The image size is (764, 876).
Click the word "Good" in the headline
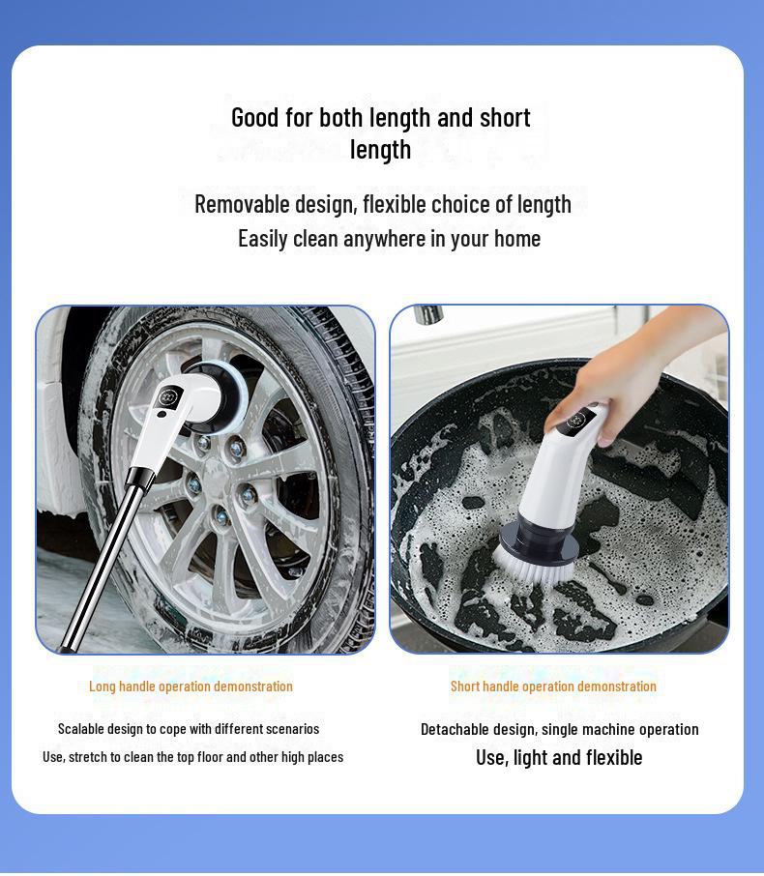pos(254,118)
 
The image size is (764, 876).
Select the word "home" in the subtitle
pos(517,238)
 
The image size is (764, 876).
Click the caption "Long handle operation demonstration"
pos(191,686)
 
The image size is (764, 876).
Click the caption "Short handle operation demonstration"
pos(553,686)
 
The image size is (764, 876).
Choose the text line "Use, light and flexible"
pos(559,758)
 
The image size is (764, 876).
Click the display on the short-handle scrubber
pos(580,421)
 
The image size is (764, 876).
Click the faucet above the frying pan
pos(428,315)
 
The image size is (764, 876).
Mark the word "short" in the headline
pos(505,118)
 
